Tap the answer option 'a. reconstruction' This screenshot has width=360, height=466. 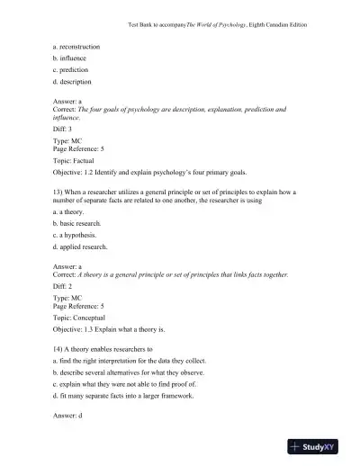coord(76,46)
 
